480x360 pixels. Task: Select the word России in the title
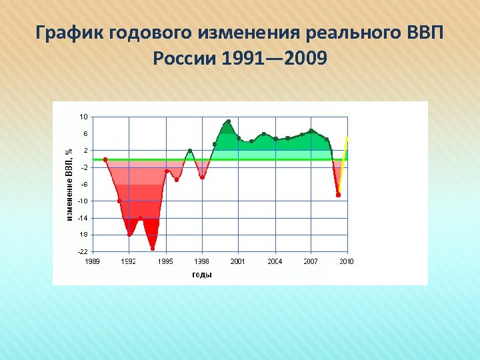pos(183,59)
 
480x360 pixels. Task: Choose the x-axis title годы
pos(202,274)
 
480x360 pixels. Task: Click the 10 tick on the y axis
pos(83,117)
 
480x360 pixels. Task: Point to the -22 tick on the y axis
pos(83,251)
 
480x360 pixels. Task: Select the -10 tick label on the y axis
pos(83,201)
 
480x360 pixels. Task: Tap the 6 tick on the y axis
pos(85,133)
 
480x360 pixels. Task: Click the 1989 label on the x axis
pos(92,261)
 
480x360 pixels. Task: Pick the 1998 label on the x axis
pos(202,261)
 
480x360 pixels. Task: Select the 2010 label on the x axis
pos(347,261)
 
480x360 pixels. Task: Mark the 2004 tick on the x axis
pos(275,261)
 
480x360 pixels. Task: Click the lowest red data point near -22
pos(153,249)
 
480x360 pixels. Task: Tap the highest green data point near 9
pos(228,122)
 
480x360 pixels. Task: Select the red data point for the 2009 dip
pos(338,195)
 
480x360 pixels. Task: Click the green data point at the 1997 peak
pos(190,151)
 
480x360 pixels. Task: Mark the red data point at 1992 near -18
pos(129,235)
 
